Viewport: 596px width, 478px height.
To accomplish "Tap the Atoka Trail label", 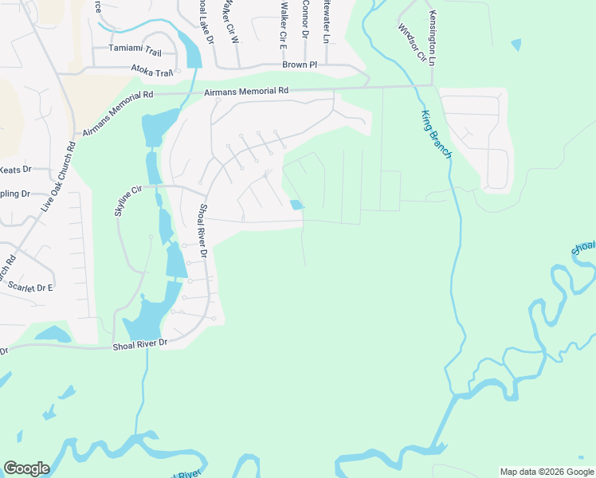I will coord(152,72).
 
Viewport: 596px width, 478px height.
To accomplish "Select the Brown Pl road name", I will coord(300,65).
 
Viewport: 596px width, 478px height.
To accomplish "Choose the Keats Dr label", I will coord(16,169).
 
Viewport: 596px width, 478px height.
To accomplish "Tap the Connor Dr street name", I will coord(305,19).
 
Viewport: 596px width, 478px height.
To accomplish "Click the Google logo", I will coord(26,468).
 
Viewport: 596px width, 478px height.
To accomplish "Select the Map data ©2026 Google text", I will coord(546,472).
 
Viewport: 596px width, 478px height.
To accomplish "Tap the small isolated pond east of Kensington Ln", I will coord(516,45).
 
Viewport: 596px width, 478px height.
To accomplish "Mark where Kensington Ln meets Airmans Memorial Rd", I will coord(432,85).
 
